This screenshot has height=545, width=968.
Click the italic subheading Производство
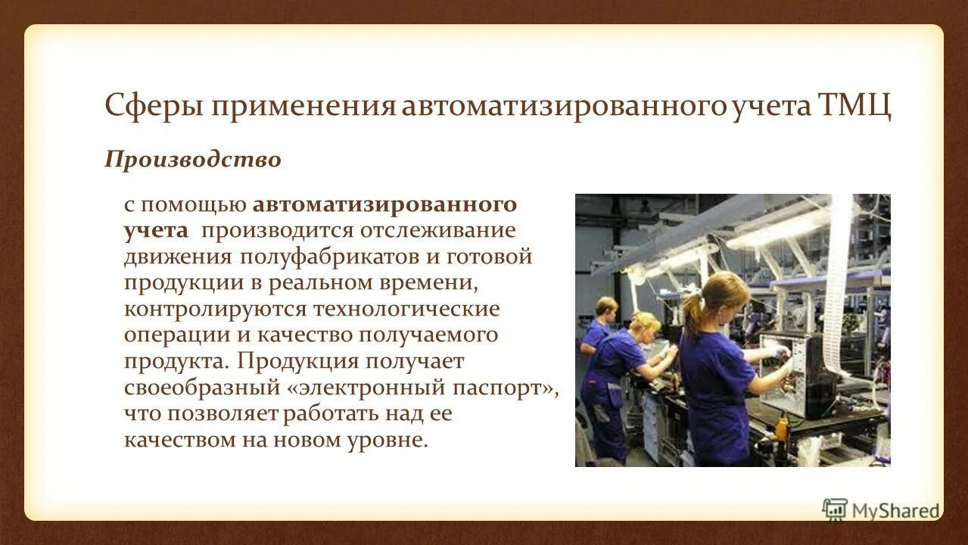click(x=192, y=160)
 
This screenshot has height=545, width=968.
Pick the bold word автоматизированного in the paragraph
click(x=384, y=204)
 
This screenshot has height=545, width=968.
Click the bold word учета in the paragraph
click(x=156, y=230)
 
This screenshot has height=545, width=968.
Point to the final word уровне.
click(x=387, y=440)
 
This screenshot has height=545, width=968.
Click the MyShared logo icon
click(x=835, y=509)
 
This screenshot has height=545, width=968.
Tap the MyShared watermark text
click(x=895, y=511)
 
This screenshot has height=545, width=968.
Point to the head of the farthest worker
click(x=606, y=307)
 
